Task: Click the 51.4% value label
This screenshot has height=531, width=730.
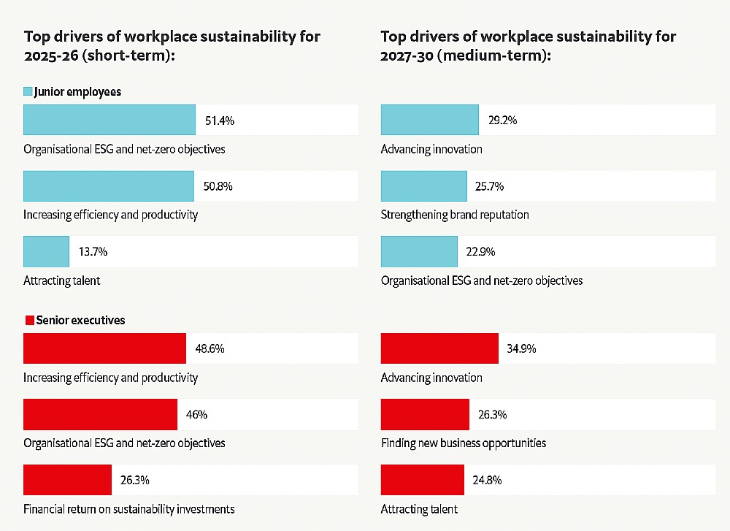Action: tap(220, 121)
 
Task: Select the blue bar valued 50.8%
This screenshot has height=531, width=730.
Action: tap(109, 186)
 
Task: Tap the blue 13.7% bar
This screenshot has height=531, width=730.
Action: tap(47, 251)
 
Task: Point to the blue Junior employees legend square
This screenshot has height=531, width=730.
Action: tap(28, 92)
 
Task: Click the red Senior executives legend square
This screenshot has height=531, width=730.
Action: tap(30, 320)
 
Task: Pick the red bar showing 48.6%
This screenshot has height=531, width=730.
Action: tap(104, 348)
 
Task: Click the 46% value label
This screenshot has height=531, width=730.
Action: tap(197, 414)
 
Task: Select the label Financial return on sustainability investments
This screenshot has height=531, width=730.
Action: tap(129, 508)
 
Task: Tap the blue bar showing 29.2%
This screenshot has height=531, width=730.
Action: tap(429, 121)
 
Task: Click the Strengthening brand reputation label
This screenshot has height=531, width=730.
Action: tap(455, 215)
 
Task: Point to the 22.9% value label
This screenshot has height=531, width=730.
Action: tap(481, 251)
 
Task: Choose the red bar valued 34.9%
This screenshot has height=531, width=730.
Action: tap(439, 348)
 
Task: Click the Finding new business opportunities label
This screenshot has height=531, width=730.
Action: tap(464, 443)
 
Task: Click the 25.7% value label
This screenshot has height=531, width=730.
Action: tap(490, 186)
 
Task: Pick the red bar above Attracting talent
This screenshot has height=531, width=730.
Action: tap(422, 480)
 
